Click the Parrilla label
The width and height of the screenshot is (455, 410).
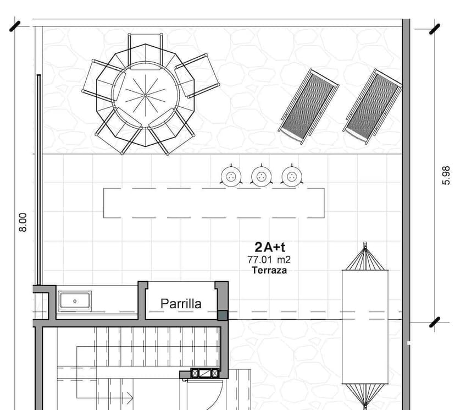point(181,303)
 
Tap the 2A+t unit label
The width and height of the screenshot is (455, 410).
point(269,247)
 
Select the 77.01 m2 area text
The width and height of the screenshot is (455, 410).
point(269,259)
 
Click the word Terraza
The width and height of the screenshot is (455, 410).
point(269,270)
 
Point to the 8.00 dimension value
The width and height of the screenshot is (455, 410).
point(23,222)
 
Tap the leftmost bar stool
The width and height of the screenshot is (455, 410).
point(231,176)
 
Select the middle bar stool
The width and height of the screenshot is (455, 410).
point(261,176)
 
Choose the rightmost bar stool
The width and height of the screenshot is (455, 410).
point(292,176)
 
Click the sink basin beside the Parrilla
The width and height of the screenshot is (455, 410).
point(71,301)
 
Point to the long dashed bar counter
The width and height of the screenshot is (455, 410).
point(214,203)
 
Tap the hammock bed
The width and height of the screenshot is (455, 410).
point(365,326)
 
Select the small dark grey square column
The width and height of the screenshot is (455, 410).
point(223,315)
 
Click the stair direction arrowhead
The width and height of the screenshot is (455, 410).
point(130,396)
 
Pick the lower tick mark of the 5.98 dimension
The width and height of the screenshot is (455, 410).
point(435,322)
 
